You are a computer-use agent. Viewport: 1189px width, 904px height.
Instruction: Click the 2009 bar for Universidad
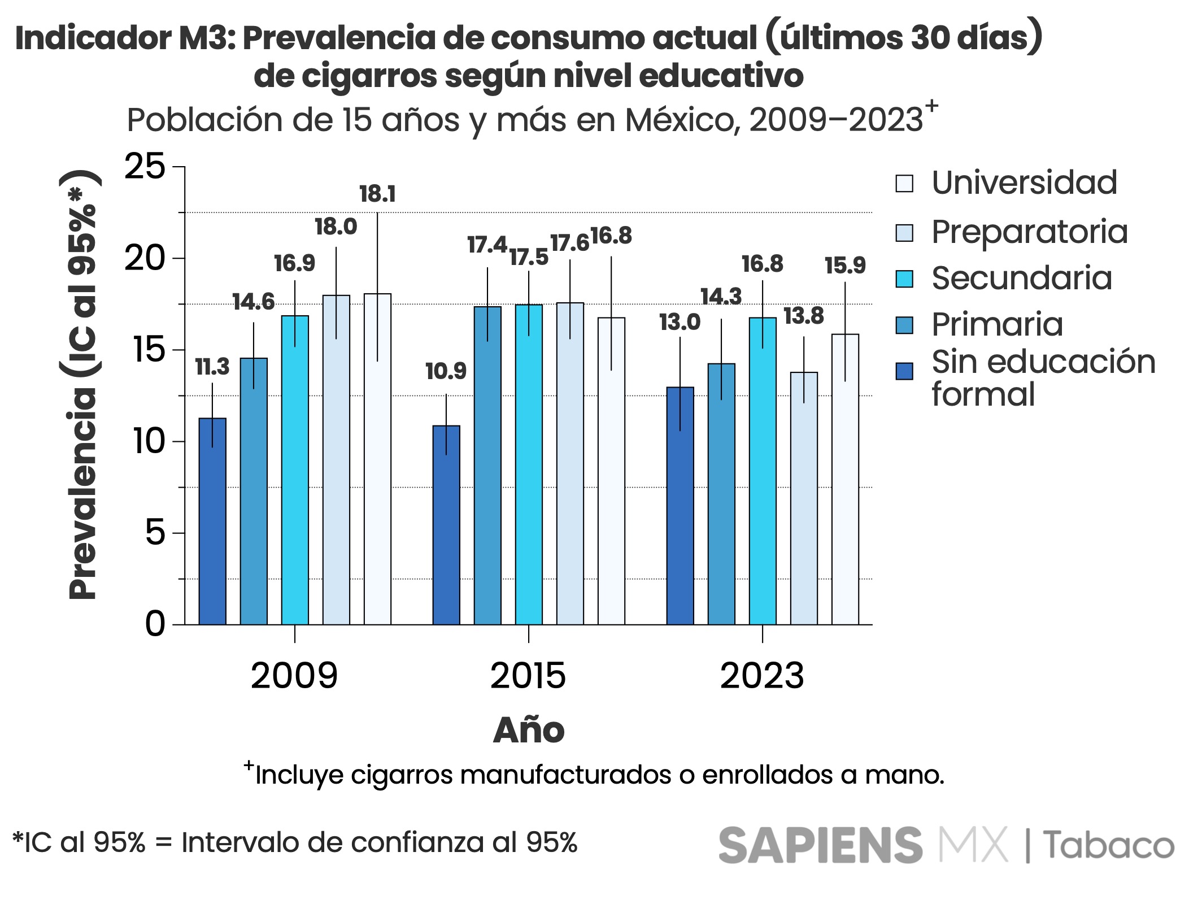[x=377, y=459]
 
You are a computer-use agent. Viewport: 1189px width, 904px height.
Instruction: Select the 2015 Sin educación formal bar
[x=446, y=525]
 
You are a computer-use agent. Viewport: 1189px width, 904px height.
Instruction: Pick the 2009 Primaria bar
[x=254, y=491]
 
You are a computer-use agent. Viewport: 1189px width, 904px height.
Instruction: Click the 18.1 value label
[x=377, y=194]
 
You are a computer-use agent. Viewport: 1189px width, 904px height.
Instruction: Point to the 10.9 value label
[x=446, y=371]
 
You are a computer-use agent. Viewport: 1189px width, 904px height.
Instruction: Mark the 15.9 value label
[x=845, y=265]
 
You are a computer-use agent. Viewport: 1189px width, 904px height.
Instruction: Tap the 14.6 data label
[x=254, y=302]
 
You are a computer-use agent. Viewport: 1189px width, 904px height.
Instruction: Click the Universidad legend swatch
[x=904, y=184]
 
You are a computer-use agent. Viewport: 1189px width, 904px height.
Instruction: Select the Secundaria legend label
[x=1022, y=278]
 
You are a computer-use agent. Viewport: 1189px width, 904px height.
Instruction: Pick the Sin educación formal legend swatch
[x=904, y=371]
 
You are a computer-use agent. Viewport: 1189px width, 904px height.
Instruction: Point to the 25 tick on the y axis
[x=145, y=167]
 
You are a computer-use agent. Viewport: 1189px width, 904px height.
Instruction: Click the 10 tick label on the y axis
[x=149, y=441]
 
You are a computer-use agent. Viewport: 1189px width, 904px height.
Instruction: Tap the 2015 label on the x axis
[x=528, y=676]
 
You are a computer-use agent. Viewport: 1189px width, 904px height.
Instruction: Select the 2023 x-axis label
[x=762, y=676]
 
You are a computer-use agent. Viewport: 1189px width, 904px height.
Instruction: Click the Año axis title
[x=529, y=730]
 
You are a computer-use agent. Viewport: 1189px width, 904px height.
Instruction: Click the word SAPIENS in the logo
[x=820, y=845]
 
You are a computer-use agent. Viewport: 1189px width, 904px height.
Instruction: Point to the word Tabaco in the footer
[x=1108, y=846]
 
